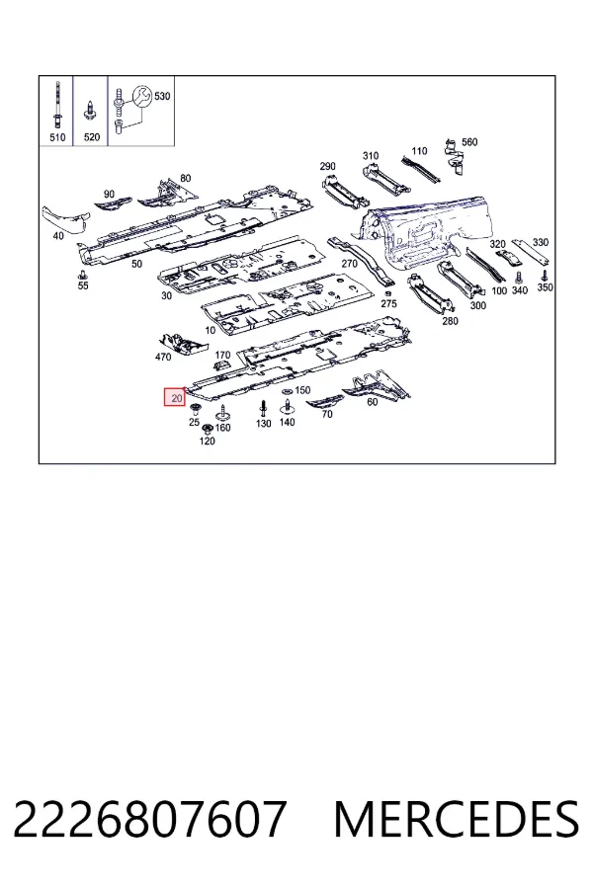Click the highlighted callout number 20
tap(177, 398)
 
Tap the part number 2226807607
tap(150, 819)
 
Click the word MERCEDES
tap(457, 819)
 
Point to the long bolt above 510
tap(57, 106)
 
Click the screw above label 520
tap(89, 110)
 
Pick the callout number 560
tap(469, 142)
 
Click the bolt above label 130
tap(262, 408)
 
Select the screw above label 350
tap(545, 276)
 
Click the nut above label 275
tap(387, 293)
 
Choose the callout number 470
tap(163, 358)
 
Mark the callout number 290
tap(327, 167)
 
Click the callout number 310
tap(371, 156)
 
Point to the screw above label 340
tap(518, 278)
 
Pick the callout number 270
tap(350, 263)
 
